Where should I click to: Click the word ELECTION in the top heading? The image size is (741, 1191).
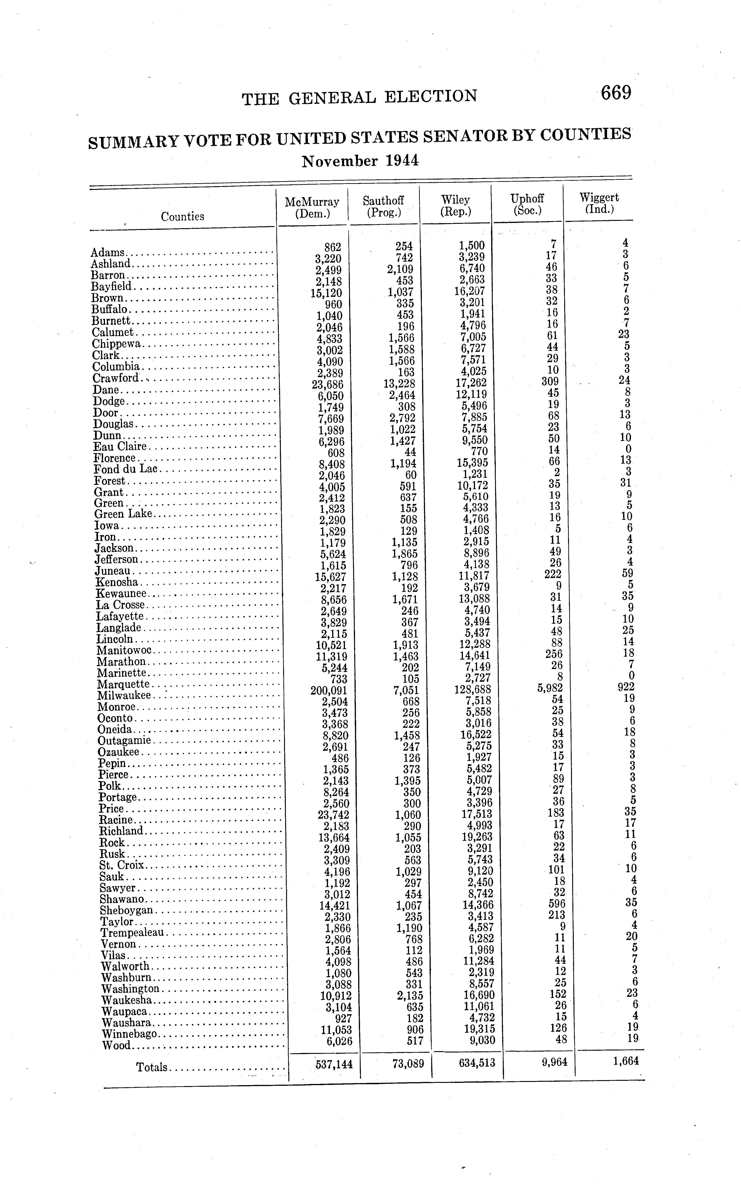click(x=430, y=96)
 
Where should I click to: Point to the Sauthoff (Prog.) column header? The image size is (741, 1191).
click(x=383, y=206)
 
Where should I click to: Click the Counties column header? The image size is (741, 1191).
click(x=182, y=216)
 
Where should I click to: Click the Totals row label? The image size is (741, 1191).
click(x=152, y=1067)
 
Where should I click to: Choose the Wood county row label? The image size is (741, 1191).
click(x=117, y=1045)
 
